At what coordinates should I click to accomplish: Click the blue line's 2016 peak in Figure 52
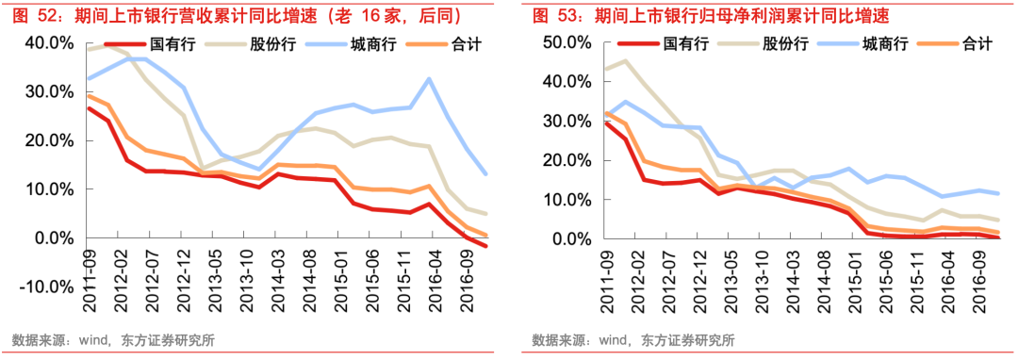pyautogui.click(x=429, y=78)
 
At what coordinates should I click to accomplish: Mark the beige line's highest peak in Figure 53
pyautogui.click(x=624, y=61)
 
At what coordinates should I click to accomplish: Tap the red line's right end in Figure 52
pyautogui.click(x=486, y=247)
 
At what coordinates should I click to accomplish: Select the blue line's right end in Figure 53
pyautogui.click(x=998, y=193)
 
